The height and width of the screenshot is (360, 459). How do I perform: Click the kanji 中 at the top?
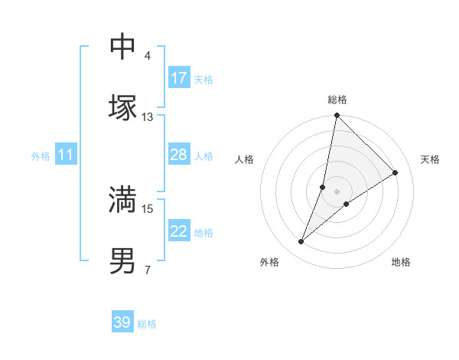[x=122, y=47]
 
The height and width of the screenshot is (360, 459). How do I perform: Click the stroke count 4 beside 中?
[x=148, y=56]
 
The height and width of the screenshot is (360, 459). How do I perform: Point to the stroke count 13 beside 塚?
[x=148, y=117]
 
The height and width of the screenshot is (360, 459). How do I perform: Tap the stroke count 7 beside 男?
[x=148, y=270]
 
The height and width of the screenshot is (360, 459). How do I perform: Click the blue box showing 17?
[x=179, y=78]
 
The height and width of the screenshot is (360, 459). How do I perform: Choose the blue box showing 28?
[x=179, y=155]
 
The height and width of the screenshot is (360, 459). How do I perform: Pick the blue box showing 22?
[x=179, y=231]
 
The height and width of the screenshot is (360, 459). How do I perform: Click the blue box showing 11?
[x=66, y=155]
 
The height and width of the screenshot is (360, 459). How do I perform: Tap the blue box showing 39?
[x=122, y=322]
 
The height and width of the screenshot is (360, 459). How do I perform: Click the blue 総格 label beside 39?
[x=147, y=324]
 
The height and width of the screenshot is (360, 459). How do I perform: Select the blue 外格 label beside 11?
[x=41, y=156]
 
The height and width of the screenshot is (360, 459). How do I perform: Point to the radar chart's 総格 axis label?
[x=337, y=100]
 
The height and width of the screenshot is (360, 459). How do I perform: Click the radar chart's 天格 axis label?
[x=430, y=159]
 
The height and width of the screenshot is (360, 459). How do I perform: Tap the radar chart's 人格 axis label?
[x=244, y=159]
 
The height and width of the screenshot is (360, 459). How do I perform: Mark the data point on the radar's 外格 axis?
[x=301, y=242]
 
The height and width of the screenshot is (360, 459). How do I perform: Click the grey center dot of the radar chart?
[x=337, y=191]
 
